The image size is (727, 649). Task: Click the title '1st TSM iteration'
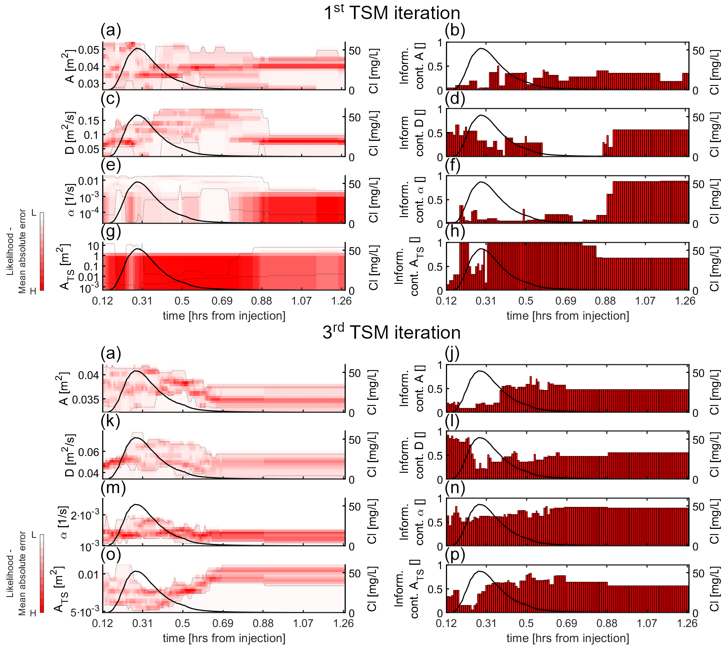[x=392, y=13]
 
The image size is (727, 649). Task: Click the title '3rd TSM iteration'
[x=391, y=332]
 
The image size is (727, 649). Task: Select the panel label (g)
[x=111, y=231]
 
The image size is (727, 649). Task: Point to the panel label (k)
[x=111, y=421]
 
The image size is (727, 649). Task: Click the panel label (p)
[x=455, y=554]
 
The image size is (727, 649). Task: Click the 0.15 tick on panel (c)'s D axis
[x=88, y=121]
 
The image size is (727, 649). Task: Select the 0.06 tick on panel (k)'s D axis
[x=89, y=452]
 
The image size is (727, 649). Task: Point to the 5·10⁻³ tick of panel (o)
[x=85, y=612]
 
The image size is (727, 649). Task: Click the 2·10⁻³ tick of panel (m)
[x=85, y=515]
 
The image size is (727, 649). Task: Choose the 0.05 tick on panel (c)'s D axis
[x=88, y=149]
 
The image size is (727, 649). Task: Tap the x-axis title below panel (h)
[x=568, y=316]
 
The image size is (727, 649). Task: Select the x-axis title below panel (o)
[x=224, y=638]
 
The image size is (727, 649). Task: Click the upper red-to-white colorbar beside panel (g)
[x=42, y=251]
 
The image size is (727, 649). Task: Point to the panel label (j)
[x=452, y=353]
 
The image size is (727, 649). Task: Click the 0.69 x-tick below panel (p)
[x=566, y=623]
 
